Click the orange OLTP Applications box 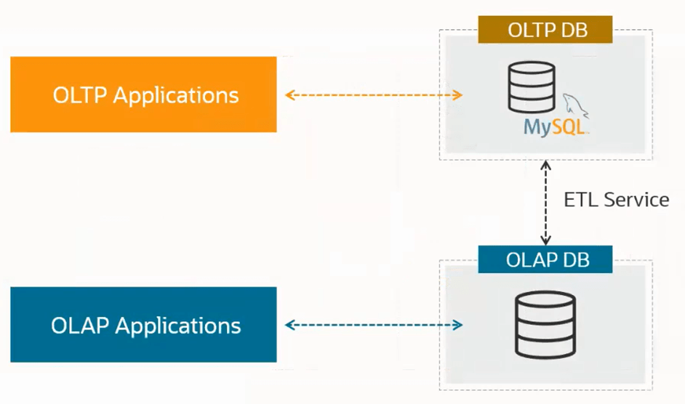coord(143,94)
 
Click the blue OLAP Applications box coord(143,325)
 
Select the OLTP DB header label coord(545,31)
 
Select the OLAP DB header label coord(545,259)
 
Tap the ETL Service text coord(616,200)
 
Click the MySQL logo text coord(554,128)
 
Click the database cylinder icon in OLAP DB coord(545,320)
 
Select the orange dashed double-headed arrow coord(374,95)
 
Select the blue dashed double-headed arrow coord(374,325)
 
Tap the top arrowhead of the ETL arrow coord(545,166)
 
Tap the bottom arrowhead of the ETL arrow coord(545,241)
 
